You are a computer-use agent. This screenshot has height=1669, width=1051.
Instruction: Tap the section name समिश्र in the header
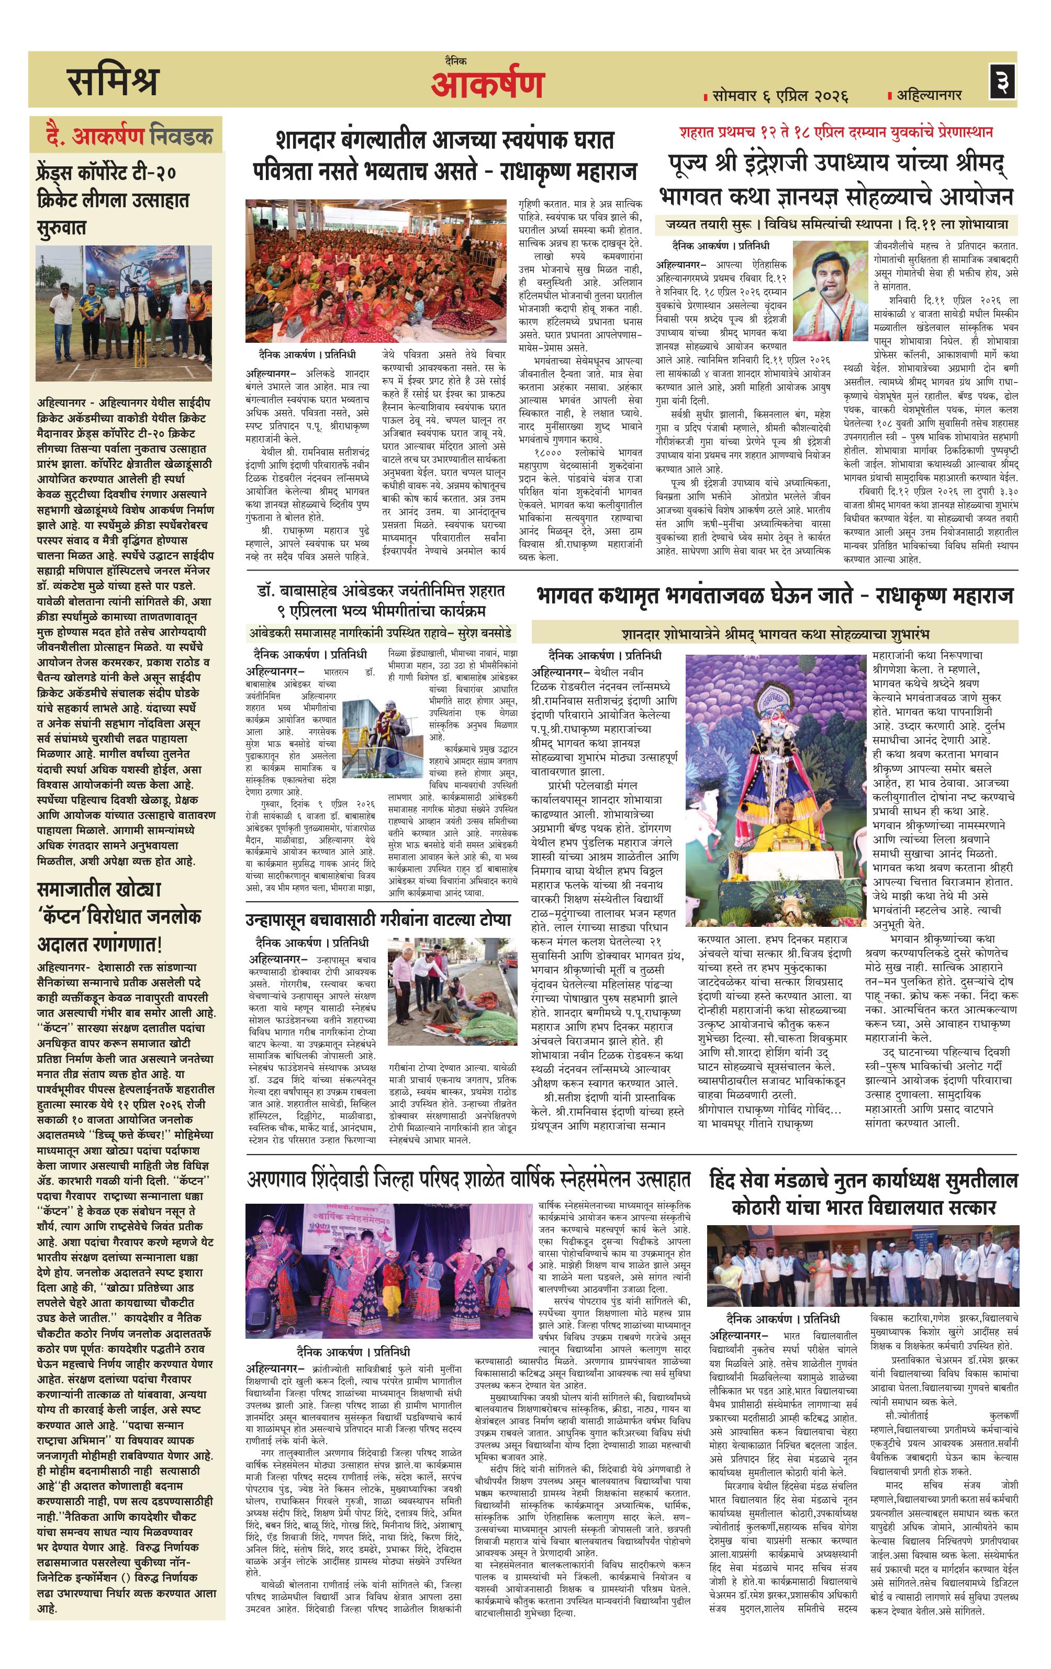coord(113,82)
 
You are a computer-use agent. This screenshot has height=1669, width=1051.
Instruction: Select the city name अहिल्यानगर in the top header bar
coord(929,95)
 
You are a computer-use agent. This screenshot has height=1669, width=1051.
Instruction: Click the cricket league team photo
coord(124,312)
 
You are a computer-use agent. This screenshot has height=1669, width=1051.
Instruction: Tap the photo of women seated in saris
coord(378,271)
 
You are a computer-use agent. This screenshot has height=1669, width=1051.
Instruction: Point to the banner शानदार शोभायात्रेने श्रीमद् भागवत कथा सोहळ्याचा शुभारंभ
coord(775,633)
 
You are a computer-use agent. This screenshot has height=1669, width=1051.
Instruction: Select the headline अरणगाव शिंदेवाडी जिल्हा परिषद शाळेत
coord(468,1180)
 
